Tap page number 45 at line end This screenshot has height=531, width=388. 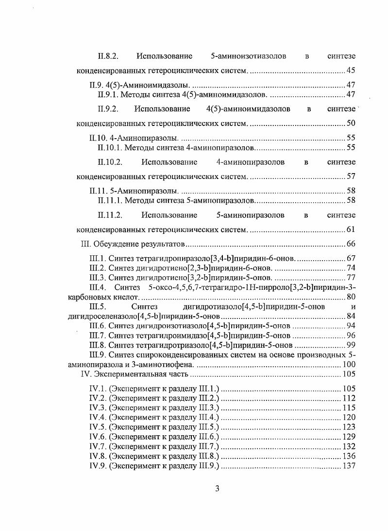(x=351, y=71)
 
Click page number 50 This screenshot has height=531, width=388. (x=351, y=123)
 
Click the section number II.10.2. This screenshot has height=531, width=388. (x=110, y=161)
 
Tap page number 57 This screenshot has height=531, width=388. (x=351, y=176)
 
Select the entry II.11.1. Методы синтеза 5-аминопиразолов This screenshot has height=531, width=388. (x=176, y=200)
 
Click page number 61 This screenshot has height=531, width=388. (x=351, y=229)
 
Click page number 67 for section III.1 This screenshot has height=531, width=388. (x=351, y=258)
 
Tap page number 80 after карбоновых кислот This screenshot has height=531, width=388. (x=351, y=297)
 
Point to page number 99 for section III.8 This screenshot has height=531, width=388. (x=351, y=345)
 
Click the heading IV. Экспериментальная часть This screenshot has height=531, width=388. (x=134, y=374)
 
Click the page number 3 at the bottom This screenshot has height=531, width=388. (x=217, y=489)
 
